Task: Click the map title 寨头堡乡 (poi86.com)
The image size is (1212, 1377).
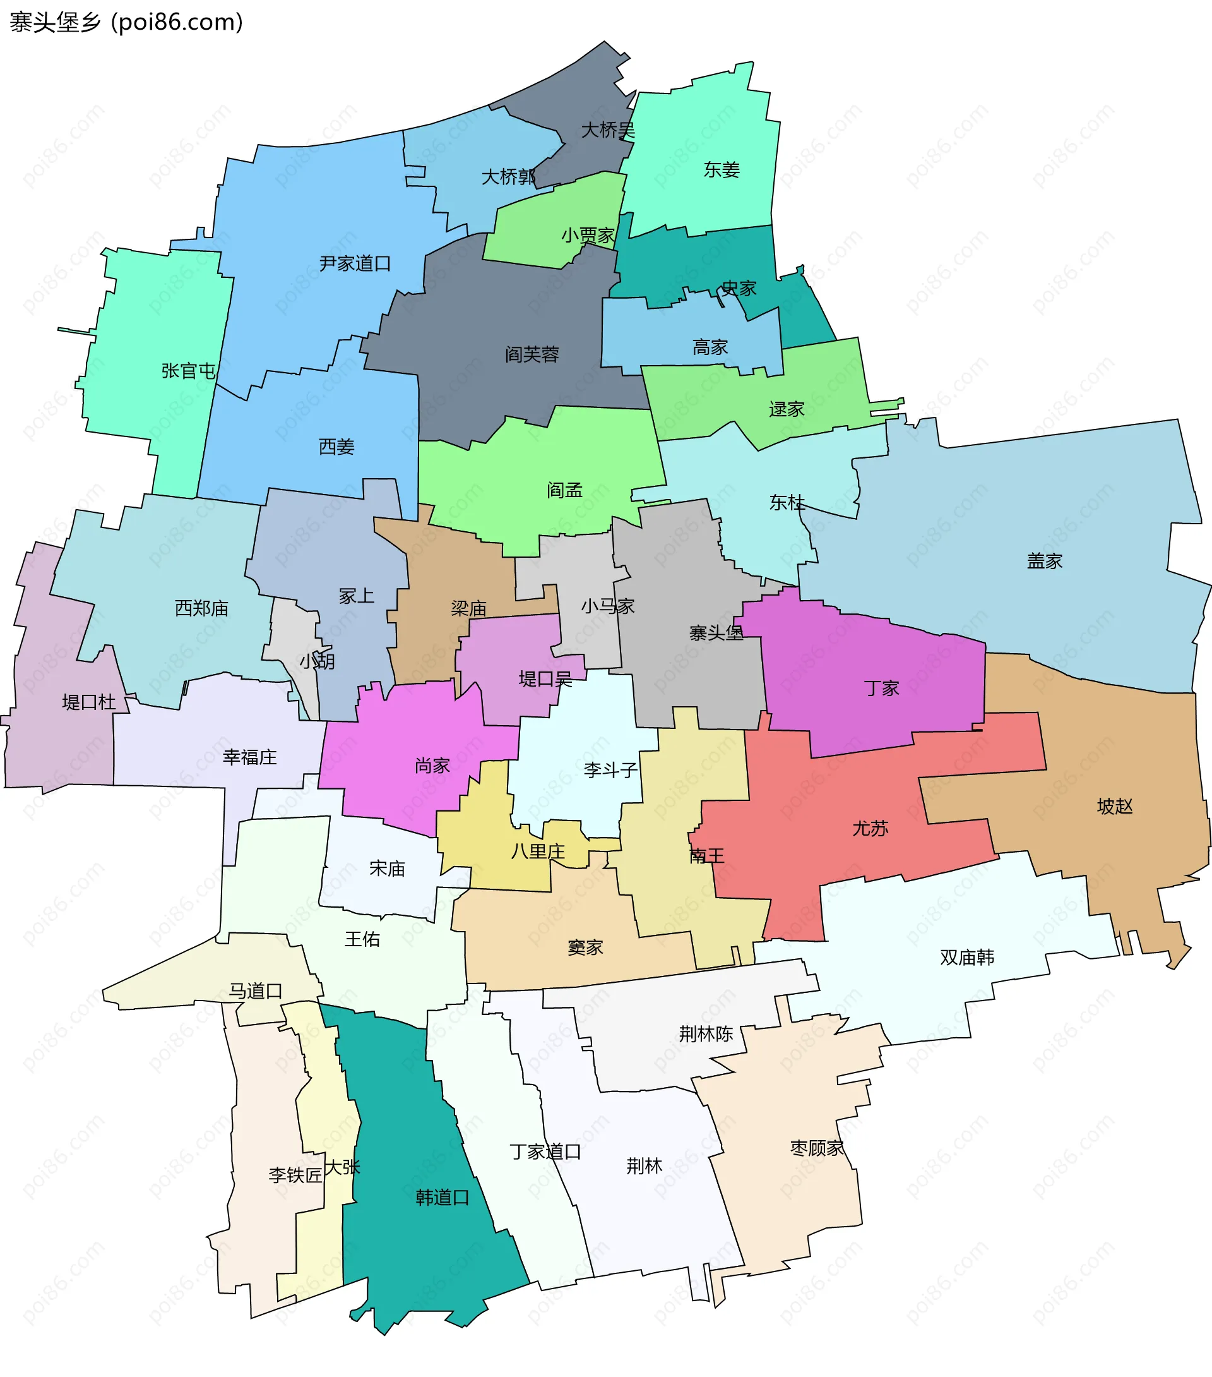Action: point(126,22)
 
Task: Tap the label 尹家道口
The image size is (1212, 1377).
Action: point(355,263)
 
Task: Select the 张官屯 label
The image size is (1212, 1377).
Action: point(189,371)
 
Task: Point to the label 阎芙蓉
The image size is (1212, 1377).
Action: point(532,354)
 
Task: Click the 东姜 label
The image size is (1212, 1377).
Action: point(721,170)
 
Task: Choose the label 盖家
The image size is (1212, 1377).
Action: point(1044,561)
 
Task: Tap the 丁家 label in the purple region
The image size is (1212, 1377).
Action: point(881,688)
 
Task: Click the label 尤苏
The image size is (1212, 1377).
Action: point(870,828)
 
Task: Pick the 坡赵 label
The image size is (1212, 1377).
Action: point(1114,807)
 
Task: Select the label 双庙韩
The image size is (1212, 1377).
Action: point(966,958)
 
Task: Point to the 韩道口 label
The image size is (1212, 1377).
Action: point(443,1197)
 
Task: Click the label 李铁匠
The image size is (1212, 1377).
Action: point(295,1175)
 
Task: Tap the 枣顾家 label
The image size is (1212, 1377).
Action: point(817,1148)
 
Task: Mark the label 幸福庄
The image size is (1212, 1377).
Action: point(250,757)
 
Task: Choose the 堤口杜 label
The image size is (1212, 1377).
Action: point(89,702)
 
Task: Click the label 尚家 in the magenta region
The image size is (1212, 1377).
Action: point(432,766)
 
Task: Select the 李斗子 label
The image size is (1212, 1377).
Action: point(610,769)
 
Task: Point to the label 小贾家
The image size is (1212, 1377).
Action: point(588,236)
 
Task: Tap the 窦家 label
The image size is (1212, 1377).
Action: point(585,948)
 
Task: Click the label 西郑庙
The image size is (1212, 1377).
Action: point(201,608)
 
